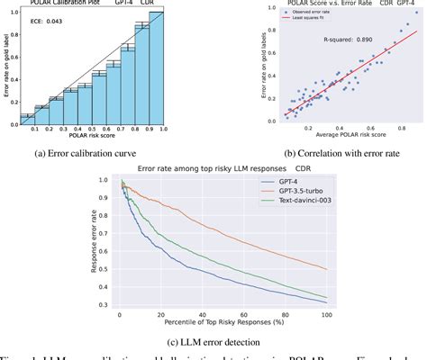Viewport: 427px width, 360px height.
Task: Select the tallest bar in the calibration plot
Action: pos(156,72)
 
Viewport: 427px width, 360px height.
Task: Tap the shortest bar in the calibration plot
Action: pos(27,120)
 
